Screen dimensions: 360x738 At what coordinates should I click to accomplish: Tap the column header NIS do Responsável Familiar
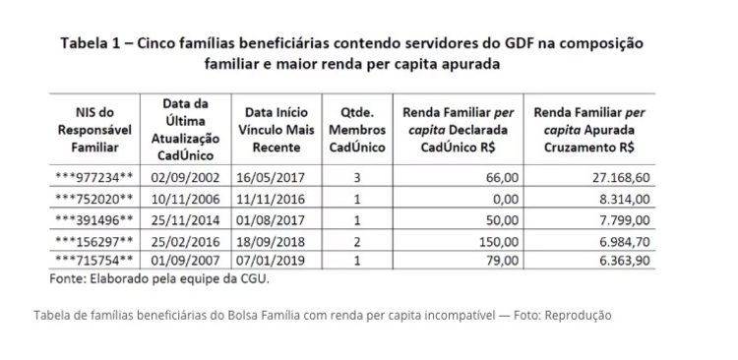click(96, 129)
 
